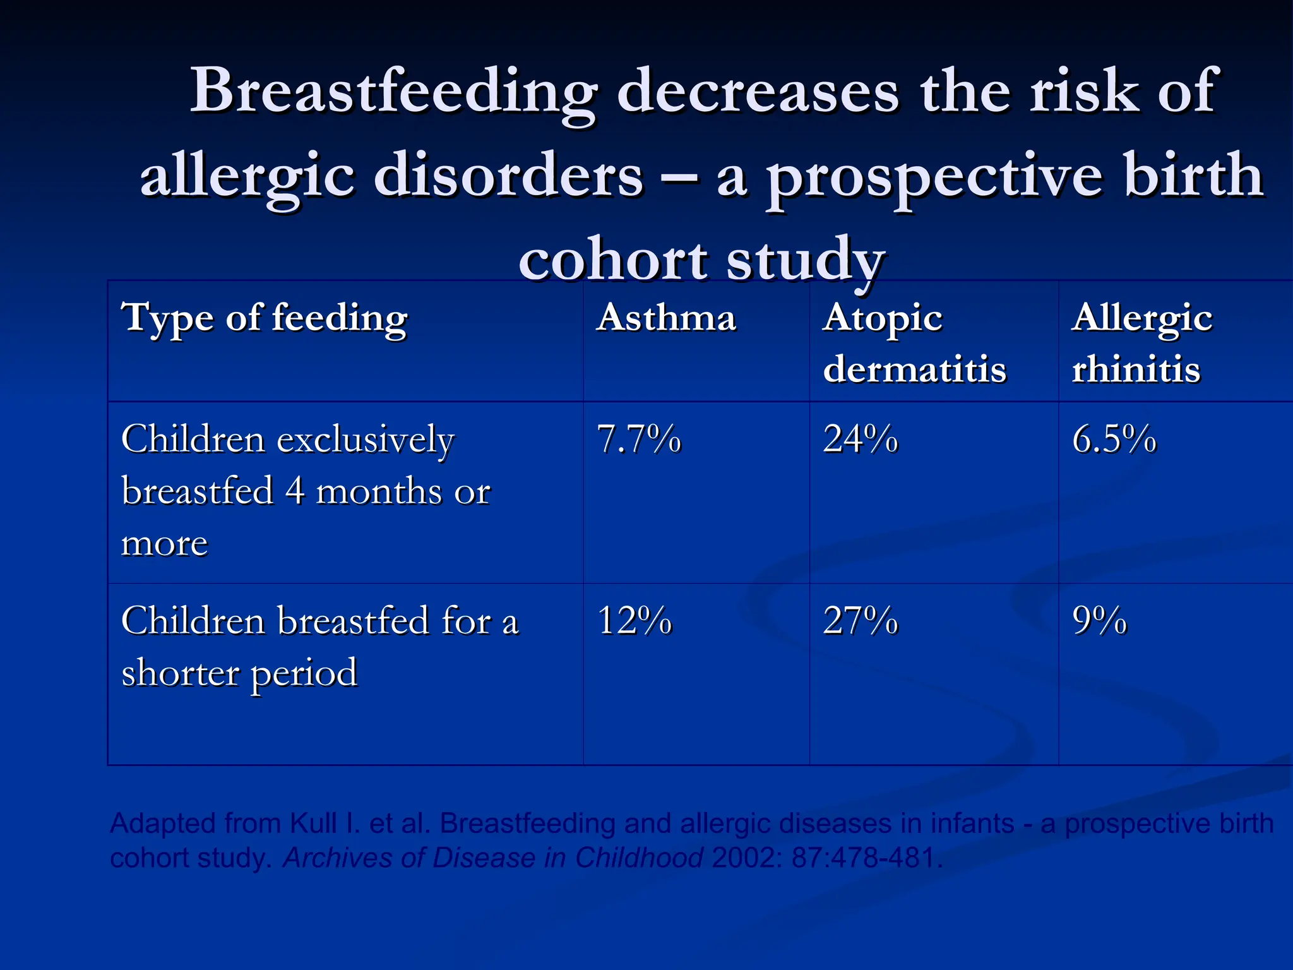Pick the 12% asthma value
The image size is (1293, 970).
634,620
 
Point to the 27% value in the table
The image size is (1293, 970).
860,620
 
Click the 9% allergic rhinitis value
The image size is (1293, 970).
1099,620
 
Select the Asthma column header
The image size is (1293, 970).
666,317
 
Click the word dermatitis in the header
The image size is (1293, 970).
914,369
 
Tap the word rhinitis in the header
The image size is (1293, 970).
1136,369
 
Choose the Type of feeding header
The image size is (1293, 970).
265,318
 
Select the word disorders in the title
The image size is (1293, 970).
508,176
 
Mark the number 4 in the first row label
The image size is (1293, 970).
295,491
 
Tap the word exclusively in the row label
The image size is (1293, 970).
366,440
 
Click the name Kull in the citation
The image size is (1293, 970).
313,823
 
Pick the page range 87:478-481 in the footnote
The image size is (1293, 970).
866,858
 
